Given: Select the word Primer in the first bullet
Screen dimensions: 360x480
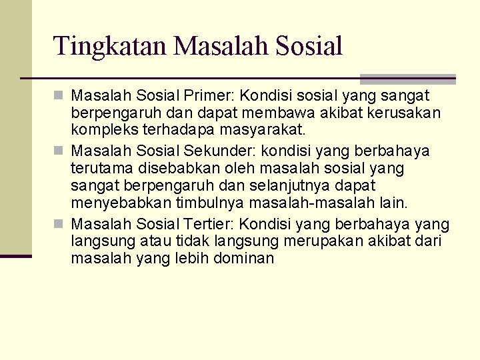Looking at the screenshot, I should pos(208,96).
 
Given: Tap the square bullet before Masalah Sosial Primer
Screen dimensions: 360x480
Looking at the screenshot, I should pos(61,97).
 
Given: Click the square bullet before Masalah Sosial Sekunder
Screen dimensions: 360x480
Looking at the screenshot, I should pos(61,151).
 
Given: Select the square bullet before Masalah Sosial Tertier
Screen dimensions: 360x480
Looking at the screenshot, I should pos(61,224).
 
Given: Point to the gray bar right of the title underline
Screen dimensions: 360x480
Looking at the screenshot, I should pos(407,79).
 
